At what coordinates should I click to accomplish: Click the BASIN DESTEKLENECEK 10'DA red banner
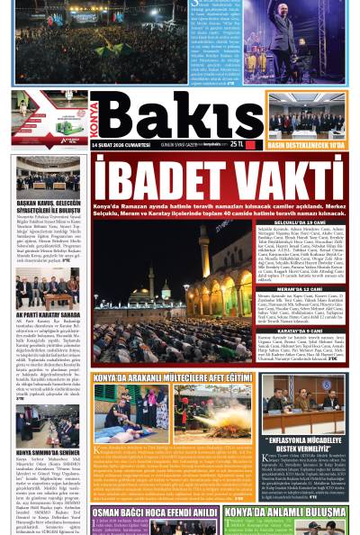[x=305, y=144]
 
